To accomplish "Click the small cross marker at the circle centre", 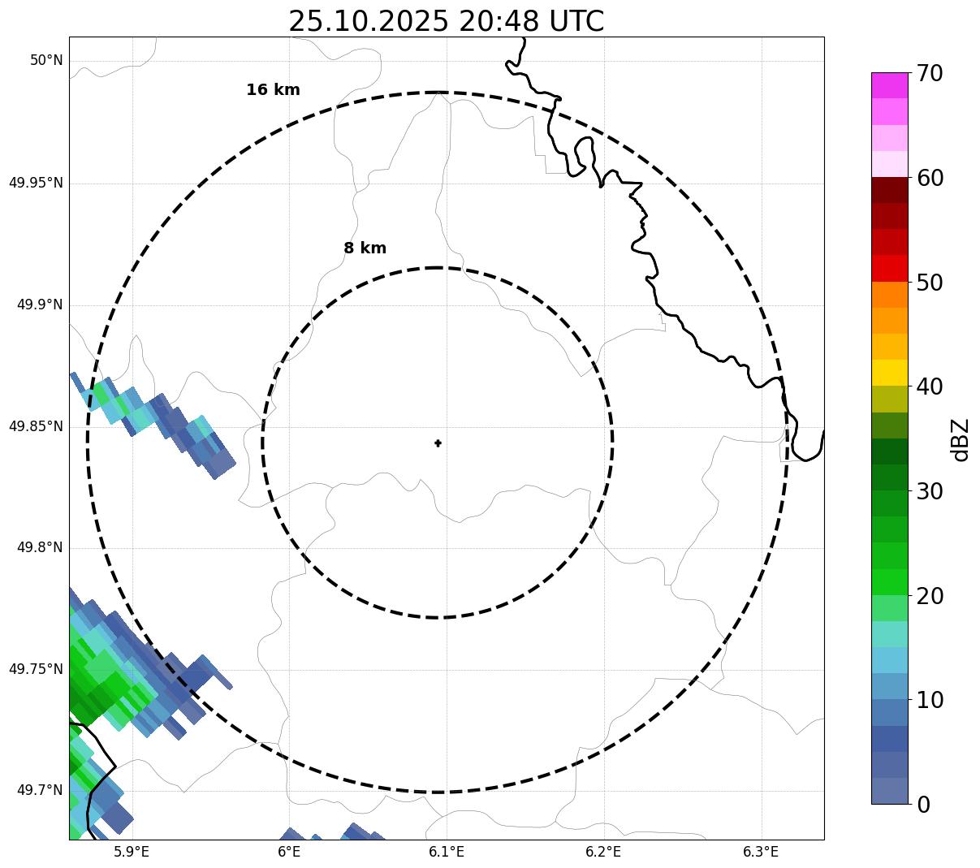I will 438,443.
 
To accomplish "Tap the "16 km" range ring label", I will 273,90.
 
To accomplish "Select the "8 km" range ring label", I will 365,248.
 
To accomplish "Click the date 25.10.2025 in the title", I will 368,21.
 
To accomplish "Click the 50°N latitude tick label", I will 46,61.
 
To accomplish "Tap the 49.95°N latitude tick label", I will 36,183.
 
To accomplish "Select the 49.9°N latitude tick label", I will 40,304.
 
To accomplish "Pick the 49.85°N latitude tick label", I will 36,426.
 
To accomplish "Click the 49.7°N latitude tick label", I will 40,791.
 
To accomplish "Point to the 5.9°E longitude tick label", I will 132,852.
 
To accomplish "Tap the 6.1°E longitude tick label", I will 447,852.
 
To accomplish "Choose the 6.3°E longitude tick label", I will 761,852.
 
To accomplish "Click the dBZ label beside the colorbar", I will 961,440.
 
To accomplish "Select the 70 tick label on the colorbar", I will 930,74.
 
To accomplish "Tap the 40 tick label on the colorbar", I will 930,386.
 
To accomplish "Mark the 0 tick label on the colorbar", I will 923,805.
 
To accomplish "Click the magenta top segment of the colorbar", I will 889,85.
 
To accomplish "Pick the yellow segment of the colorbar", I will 889,373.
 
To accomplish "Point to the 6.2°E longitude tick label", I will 603,852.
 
